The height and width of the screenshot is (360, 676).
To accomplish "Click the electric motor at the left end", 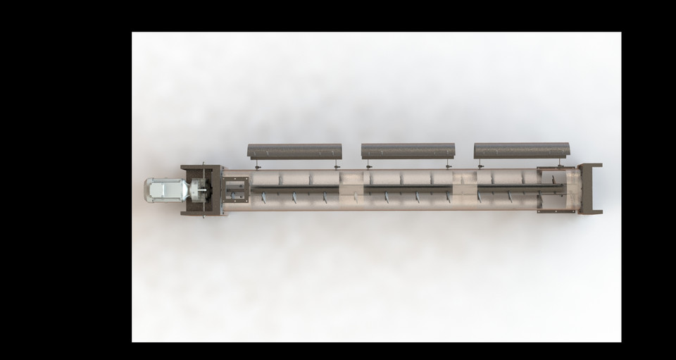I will [x=163, y=190].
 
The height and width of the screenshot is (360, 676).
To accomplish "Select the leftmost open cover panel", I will [x=294, y=151].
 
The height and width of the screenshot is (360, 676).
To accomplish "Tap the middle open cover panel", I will [x=408, y=151].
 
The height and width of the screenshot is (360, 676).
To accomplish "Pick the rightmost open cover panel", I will [x=521, y=151].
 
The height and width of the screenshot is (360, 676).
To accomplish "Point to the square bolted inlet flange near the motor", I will [x=235, y=189].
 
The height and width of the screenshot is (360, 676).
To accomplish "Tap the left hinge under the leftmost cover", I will [x=258, y=166].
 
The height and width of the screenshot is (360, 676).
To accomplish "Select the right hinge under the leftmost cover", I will [x=337, y=166].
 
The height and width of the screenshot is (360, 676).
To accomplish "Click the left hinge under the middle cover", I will [x=368, y=166].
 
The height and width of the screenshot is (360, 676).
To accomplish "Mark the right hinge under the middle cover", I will [x=449, y=166].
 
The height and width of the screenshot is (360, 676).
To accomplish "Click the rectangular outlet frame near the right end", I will [x=556, y=189].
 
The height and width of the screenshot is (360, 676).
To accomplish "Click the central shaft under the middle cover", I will [x=408, y=189].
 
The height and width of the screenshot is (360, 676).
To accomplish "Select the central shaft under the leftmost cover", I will [x=296, y=188].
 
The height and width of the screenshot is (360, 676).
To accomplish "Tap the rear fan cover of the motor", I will [x=149, y=190].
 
